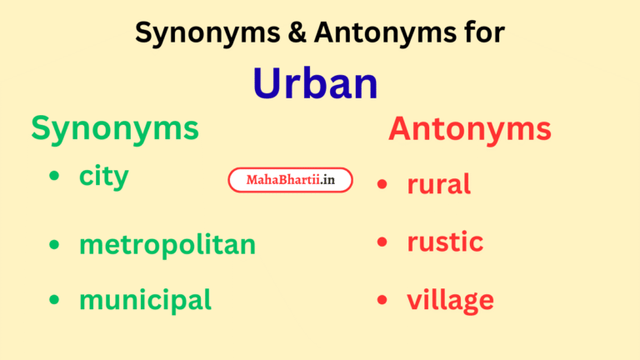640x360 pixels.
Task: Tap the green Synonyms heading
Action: coord(115,128)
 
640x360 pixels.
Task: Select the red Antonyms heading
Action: coord(469,129)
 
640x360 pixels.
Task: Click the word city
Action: coord(104,176)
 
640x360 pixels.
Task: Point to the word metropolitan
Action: coord(167,245)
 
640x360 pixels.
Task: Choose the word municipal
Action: coord(145,299)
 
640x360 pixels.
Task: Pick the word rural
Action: coord(438,183)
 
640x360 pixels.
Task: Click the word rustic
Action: coord(445,242)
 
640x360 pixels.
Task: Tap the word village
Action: coord(450,300)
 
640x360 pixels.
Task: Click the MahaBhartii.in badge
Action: coord(290,180)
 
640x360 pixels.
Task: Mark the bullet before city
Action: coord(55,177)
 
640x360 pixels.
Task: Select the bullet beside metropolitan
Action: coord(55,245)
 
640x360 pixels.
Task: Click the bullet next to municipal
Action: coord(55,299)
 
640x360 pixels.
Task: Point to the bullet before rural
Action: coord(382,184)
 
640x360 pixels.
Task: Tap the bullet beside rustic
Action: coord(382,242)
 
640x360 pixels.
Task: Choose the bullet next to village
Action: coord(382,300)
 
